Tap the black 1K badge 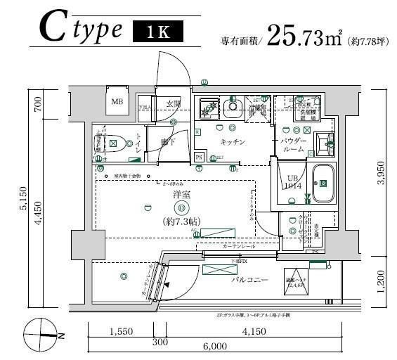pos(157,31)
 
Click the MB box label pos(117,103)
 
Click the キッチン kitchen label pos(232,141)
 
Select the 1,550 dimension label pos(122,330)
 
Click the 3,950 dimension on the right pos(380,172)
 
